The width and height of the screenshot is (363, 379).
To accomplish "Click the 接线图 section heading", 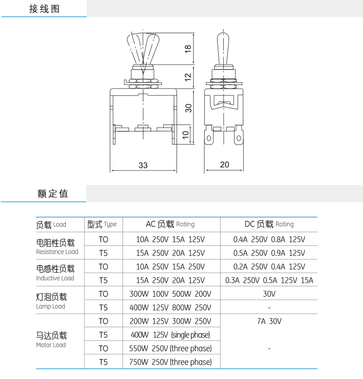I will (44, 9).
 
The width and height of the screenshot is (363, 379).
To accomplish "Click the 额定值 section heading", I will (53, 194).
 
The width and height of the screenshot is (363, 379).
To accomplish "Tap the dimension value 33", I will (143, 165).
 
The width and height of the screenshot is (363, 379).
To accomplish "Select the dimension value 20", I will (225, 165).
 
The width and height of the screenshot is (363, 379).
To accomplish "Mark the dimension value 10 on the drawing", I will (186, 135).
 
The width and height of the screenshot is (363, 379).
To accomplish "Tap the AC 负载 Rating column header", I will (170, 224).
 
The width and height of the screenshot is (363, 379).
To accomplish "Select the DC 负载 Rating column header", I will (269, 224).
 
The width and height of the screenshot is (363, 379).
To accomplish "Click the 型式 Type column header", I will (102, 224).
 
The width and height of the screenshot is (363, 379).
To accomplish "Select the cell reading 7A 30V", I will (269, 321).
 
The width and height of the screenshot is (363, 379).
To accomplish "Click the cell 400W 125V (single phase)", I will (170, 335).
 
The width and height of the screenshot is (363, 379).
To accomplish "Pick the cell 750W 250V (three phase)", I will (171, 362).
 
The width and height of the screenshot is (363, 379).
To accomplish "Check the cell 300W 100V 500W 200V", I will (170, 294).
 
